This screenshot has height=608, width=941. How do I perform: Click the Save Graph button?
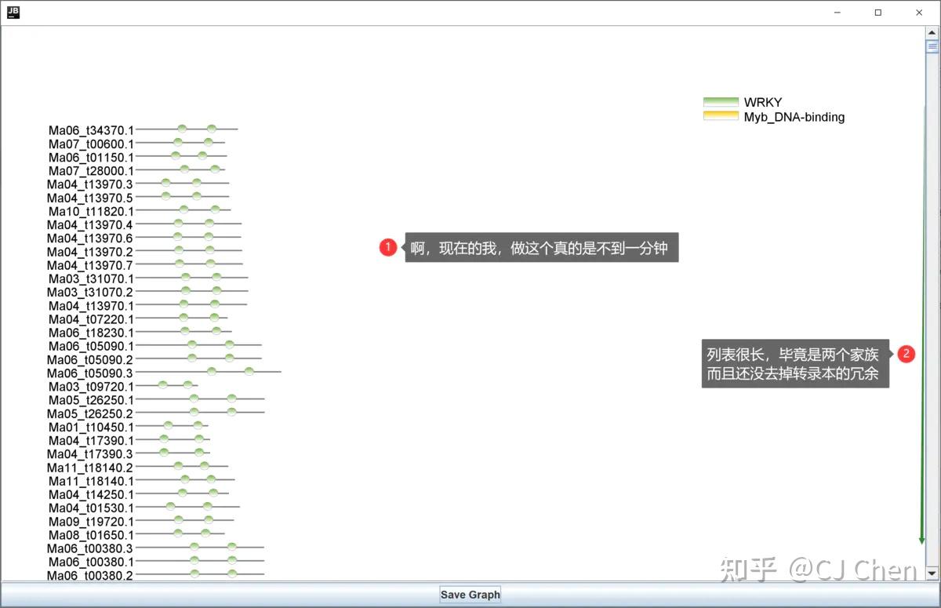click(470, 595)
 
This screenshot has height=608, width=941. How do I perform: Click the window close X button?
click(919, 13)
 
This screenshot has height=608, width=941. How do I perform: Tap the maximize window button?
click(878, 13)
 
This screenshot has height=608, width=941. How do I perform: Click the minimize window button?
click(837, 13)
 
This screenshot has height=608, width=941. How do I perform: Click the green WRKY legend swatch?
click(721, 102)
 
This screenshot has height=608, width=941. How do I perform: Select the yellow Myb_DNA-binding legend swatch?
click(721, 116)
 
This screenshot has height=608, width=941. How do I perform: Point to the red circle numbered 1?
click(387, 247)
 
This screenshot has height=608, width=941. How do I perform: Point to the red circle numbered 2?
click(906, 353)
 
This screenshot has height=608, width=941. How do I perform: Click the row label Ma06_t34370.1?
click(91, 130)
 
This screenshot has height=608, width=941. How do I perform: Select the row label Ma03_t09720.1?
click(91, 387)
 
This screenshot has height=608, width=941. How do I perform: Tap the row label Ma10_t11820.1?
click(91, 211)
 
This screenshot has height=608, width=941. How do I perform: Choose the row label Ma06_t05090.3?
click(89, 373)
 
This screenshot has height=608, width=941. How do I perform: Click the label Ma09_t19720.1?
click(91, 522)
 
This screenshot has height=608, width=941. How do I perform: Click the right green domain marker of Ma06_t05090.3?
click(249, 371)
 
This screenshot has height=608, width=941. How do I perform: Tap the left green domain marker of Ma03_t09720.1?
click(162, 384)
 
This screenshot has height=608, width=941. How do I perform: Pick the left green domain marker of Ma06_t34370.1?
click(182, 128)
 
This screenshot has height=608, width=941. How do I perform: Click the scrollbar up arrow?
click(932, 32)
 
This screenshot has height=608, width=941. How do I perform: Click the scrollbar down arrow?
click(932, 573)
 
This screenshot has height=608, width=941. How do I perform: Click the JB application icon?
click(13, 13)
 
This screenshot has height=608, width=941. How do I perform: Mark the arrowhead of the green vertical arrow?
click(921, 541)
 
